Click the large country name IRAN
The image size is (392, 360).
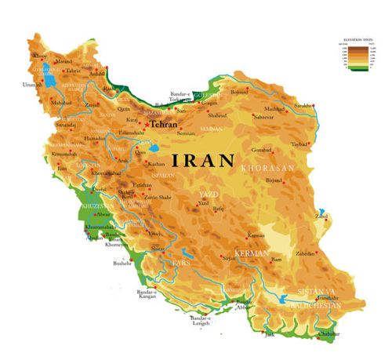[x=202, y=161]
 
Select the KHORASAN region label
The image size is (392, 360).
[x=269, y=169]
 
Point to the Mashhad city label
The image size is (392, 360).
[x=274, y=109]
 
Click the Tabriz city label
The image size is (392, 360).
[x=73, y=71]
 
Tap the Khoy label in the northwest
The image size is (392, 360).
[x=40, y=56]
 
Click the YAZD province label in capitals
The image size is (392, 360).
[x=206, y=193]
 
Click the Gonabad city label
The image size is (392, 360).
[x=260, y=149]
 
